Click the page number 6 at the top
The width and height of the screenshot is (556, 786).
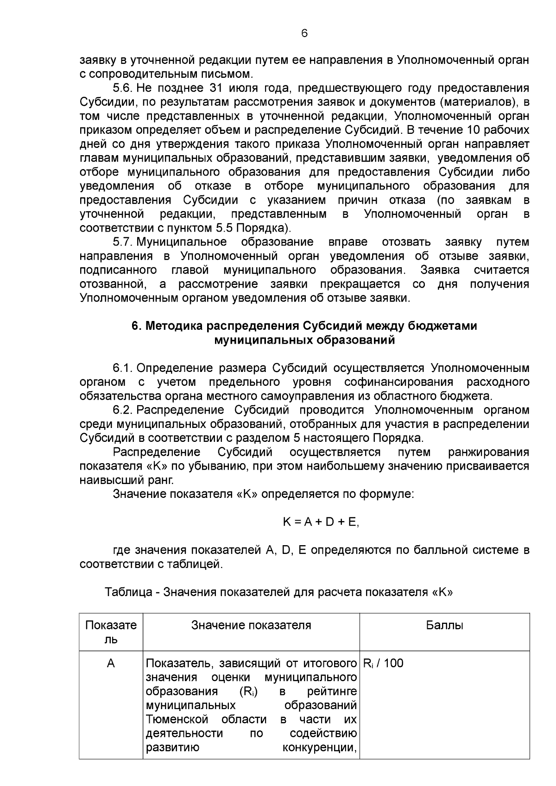pos(304,33)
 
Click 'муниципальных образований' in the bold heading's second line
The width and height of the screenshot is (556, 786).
pos(304,340)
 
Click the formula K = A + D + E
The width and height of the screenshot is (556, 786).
pos(321,522)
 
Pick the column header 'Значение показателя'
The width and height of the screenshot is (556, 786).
pos(251,625)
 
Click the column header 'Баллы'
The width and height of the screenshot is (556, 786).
pos(444,625)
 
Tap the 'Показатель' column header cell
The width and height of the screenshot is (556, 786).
pos(111,632)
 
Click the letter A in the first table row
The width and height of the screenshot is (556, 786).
pos(111,664)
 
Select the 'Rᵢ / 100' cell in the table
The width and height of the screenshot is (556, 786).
pos(383,664)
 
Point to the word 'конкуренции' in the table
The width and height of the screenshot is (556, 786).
pos(319,748)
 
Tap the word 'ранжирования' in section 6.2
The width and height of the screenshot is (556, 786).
pos(489,452)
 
